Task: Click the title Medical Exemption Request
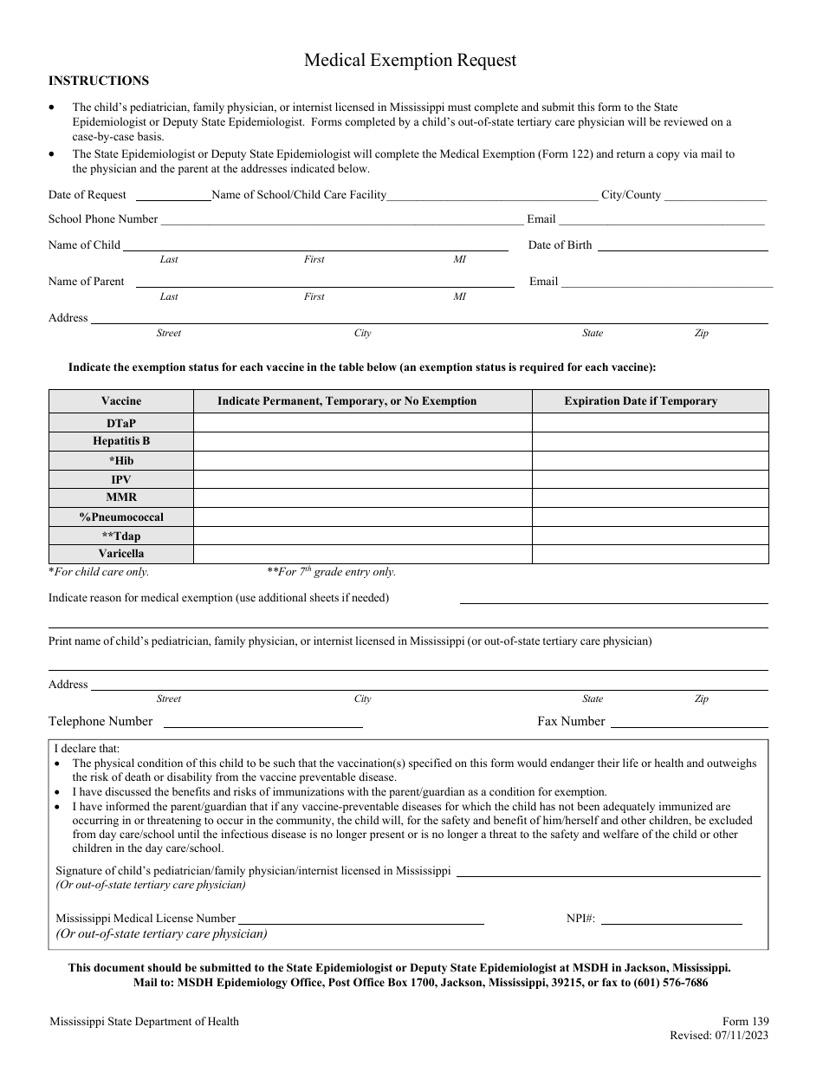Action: (x=410, y=60)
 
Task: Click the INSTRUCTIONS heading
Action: (x=99, y=81)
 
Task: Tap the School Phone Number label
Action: (x=103, y=219)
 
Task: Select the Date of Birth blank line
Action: (x=683, y=248)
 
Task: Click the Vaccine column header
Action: (x=121, y=401)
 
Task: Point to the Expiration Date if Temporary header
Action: (x=640, y=401)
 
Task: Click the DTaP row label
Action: (x=121, y=422)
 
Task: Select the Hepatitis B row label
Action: (x=121, y=441)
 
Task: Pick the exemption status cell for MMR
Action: (x=362, y=498)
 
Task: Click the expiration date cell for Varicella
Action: (x=650, y=554)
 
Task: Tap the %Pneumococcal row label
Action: (x=121, y=517)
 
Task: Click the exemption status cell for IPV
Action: (x=362, y=479)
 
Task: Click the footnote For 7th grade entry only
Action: (x=331, y=572)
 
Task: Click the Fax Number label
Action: (x=571, y=721)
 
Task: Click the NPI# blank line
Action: (x=671, y=922)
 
